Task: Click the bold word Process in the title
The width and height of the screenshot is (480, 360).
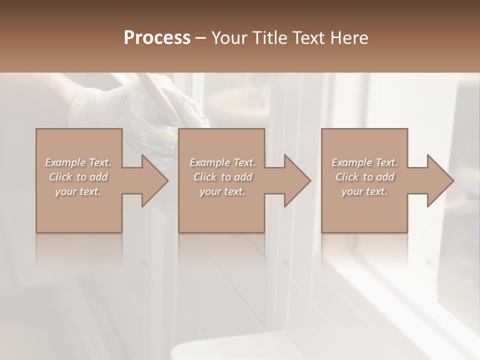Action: (157, 38)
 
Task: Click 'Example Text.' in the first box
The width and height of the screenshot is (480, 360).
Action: (78, 162)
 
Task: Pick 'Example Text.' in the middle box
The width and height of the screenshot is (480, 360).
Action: (222, 162)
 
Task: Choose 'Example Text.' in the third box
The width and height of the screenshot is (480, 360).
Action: (364, 162)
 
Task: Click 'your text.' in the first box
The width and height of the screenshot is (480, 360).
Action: (78, 191)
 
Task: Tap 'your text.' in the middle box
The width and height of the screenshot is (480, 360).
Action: (222, 191)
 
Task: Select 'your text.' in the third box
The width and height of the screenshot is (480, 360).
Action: (364, 191)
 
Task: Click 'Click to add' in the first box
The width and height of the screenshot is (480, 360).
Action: (78, 177)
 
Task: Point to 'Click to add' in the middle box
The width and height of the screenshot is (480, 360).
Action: (222, 177)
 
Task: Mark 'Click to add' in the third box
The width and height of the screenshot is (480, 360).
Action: (364, 177)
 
